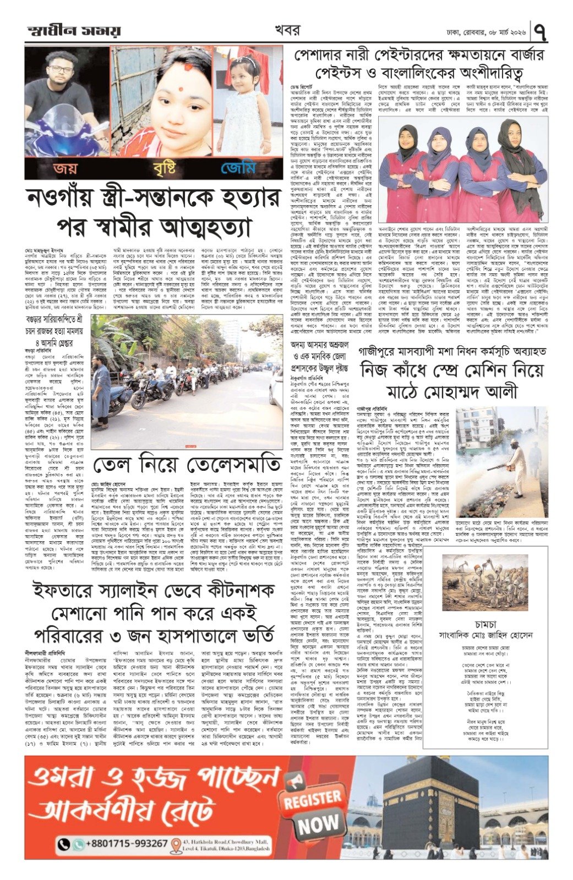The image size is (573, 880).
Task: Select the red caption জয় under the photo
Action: pos(61,168)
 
